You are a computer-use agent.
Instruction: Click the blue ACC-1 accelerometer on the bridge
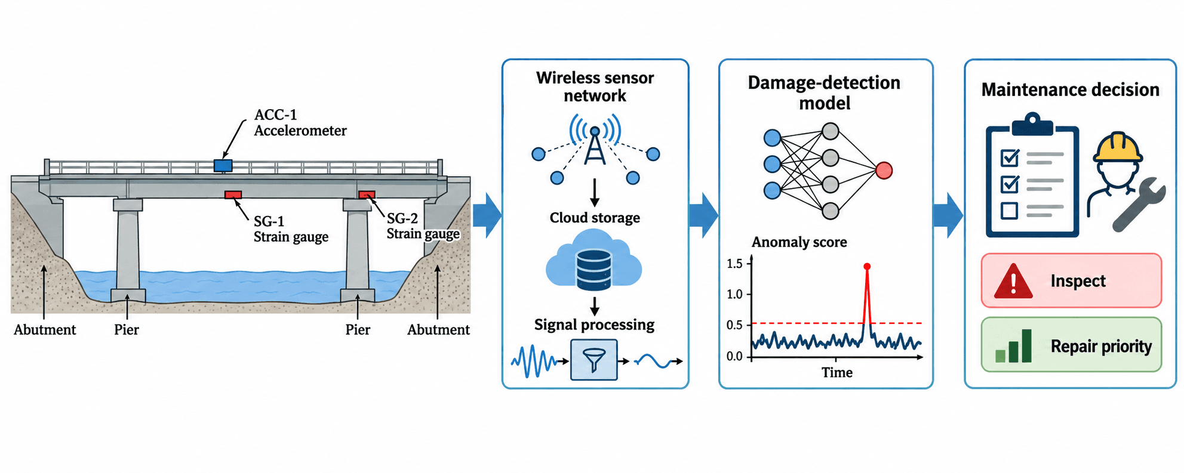click(223, 165)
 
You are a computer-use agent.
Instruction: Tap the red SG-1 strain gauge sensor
click(233, 194)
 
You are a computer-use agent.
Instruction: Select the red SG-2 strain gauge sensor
click(367, 194)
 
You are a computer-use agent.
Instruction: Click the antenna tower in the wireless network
click(595, 146)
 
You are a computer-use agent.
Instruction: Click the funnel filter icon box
click(594, 360)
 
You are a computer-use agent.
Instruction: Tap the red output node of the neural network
click(884, 171)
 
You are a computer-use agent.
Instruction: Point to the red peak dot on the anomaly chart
click(867, 267)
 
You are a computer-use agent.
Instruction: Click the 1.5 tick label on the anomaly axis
click(734, 264)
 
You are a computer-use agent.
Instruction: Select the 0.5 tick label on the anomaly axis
click(734, 325)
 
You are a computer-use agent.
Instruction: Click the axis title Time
click(837, 373)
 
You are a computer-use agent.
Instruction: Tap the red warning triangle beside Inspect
click(1013, 282)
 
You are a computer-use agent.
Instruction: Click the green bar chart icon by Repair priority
click(1014, 346)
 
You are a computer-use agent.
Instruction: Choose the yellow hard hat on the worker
click(1118, 147)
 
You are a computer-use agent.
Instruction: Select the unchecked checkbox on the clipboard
click(1009, 211)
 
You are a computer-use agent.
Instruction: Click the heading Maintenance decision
click(1071, 89)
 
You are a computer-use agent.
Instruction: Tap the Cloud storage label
click(595, 218)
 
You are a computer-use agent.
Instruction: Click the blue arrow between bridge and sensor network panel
click(487, 215)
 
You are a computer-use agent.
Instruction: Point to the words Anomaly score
click(799, 242)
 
